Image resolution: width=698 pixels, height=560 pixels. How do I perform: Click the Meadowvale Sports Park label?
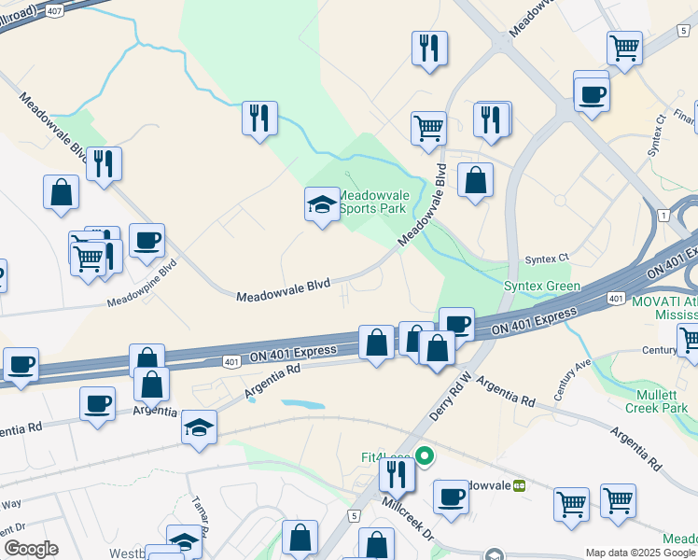tap(371, 202)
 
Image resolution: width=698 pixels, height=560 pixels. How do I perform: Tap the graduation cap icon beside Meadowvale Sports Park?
tap(322, 204)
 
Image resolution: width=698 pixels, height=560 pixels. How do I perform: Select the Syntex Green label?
tap(542, 287)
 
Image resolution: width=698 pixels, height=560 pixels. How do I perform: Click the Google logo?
tap(31, 549)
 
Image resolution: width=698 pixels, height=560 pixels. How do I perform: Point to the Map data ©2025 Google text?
tap(640, 553)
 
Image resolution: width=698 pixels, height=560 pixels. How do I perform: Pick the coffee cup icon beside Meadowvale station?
tap(451, 497)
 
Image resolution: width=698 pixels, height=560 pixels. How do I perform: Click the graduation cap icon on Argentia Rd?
tap(199, 427)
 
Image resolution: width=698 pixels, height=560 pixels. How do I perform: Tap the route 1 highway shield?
tap(663, 216)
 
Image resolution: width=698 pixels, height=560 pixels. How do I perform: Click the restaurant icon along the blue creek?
tap(259, 119)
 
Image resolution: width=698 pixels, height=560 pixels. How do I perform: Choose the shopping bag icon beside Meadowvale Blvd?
tap(476, 181)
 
